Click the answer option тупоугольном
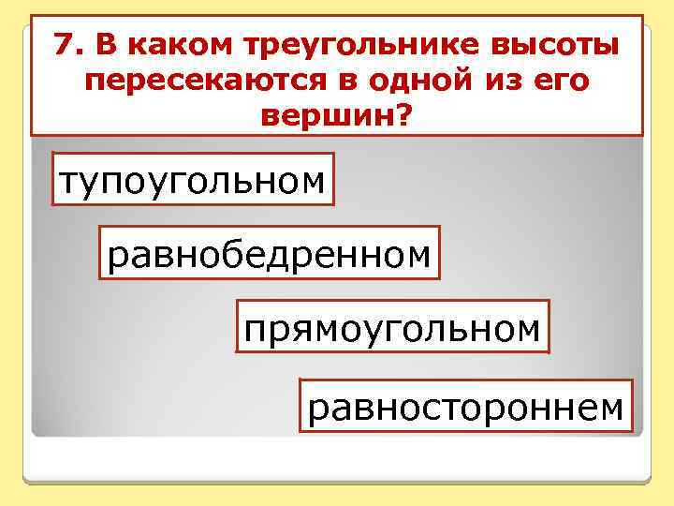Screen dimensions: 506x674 [193, 178]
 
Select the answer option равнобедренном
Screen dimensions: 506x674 [270, 252]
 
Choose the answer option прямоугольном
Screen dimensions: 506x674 [392, 327]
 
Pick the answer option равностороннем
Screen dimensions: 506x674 [465, 406]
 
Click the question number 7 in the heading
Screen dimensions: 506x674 [63, 44]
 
